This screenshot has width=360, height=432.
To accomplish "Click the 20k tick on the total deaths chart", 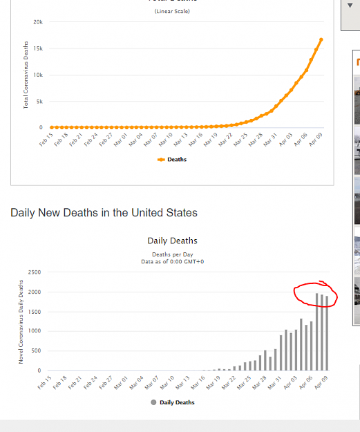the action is [38, 22].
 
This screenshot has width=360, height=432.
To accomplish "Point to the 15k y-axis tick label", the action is [38, 48].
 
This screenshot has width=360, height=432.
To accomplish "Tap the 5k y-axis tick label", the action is [39, 102].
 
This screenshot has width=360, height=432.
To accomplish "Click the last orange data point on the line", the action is [321, 40].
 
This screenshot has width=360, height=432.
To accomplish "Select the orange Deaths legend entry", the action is [172, 160].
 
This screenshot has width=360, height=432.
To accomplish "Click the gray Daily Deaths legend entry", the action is [173, 402].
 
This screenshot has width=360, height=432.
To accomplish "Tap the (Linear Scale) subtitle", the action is [172, 11].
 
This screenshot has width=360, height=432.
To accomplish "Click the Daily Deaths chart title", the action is [173, 241].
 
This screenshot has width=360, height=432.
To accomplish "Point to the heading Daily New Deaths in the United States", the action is [104, 213].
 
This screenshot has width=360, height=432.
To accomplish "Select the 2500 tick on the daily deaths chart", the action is [35, 272].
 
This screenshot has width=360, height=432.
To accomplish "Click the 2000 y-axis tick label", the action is [35, 292].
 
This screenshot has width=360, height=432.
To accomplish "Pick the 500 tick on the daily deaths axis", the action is [36, 350].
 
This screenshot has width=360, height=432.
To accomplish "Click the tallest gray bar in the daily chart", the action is [316, 332].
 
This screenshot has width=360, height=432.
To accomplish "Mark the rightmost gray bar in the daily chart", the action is [327, 333].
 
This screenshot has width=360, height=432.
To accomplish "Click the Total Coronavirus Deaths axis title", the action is [26, 75].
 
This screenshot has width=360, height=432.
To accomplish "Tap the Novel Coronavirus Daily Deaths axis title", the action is [21, 322].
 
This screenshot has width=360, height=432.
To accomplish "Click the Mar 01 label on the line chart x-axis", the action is [121, 140].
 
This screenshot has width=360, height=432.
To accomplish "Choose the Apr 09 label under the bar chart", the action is [321, 382].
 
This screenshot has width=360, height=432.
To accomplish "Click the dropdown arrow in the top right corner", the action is [350, 6].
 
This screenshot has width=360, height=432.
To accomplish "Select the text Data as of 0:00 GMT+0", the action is [173, 262].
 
